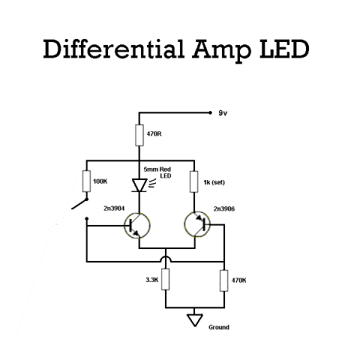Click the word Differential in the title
[x=114, y=49]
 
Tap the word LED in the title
[x=284, y=49]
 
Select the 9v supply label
[x=223, y=113]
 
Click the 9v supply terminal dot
[x=210, y=113]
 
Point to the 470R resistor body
[x=139, y=135]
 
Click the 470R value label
[x=154, y=134]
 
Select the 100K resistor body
[x=86, y=181]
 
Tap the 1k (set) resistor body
[x=194, y=181]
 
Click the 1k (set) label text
[x=214, y=182]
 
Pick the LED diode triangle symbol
[x=139, y=185]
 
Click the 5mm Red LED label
[x=157, y=172]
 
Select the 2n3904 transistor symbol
[x=137, y=226]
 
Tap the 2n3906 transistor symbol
[x=197, y=224]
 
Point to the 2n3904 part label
[x=114, y=208]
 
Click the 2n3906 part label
[x=224, y=208]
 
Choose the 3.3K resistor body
[x=165, y=279]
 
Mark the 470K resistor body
[x=224, y=280]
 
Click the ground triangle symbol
[x=195, y=320]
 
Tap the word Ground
[x=219, y=327]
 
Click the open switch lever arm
[x=79, y=204]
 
